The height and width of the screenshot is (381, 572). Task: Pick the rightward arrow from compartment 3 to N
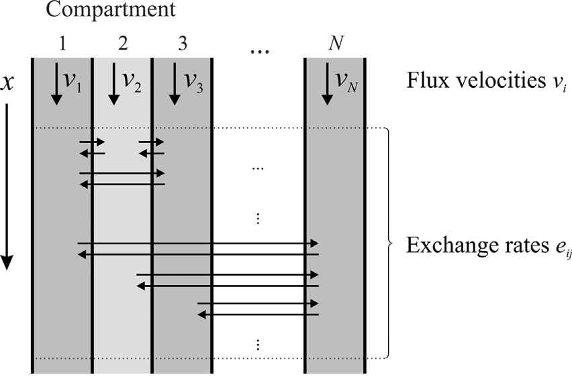(258, 303)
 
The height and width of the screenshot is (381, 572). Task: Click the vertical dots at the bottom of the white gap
(258, 344)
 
